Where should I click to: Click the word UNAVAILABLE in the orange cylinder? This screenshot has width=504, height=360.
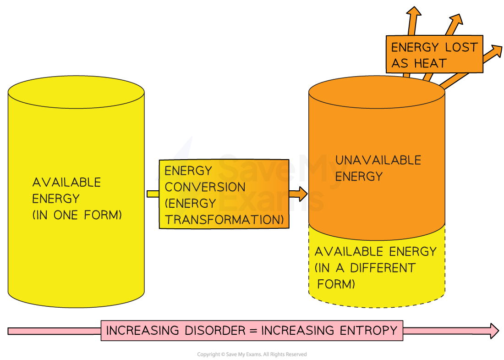coord(378,160)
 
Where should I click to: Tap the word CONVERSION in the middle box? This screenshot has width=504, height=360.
coord(205,187)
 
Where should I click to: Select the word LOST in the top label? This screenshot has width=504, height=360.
coord(461,47)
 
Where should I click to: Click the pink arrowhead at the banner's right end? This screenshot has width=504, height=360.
coord(494,331)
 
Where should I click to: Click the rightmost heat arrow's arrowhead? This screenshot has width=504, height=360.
coord(495,51)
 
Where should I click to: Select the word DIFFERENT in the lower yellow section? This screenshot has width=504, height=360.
coord(383,268)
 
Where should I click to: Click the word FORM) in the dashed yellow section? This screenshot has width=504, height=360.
coord(336,284)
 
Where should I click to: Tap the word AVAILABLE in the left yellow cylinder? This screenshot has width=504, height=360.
coord(66,182)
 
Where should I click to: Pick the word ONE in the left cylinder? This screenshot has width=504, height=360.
coord(66,215)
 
